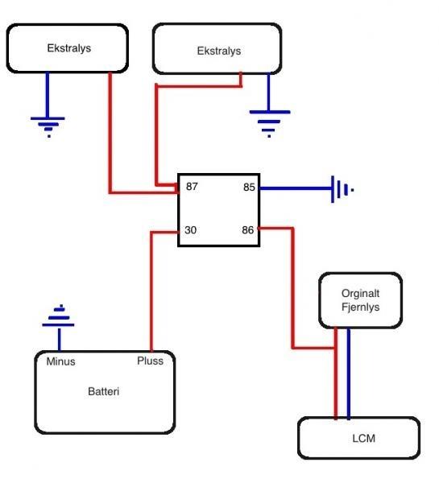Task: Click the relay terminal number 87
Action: (192, 187)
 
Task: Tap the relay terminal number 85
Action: (249, 187)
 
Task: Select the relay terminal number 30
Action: (191, 229)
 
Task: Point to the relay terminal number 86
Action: (248, 229)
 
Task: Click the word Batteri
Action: (104, 391)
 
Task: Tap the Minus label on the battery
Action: (60, 361)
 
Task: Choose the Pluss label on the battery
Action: (150, 361)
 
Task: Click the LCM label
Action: (364, 439)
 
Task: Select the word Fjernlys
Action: (360, 308)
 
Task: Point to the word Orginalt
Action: (360, 294)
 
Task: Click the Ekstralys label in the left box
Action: (69, 48)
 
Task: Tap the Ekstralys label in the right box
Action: (219, 52)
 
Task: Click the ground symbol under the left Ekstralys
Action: (48, 127)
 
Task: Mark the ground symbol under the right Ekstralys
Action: (270, 123)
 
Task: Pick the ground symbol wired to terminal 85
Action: (342, 189)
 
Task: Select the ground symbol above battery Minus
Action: (58, 316)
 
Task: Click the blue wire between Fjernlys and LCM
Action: (348, 374)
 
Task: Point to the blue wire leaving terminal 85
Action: (296, 188)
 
